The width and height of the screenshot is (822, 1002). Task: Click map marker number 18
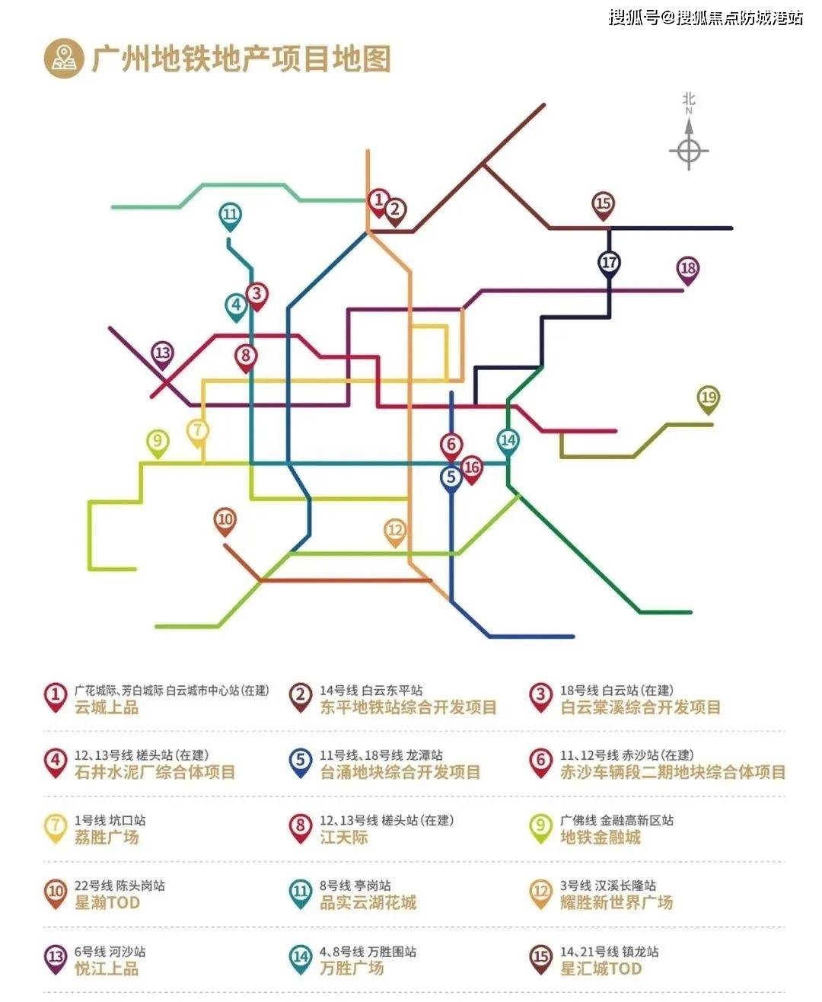click(x=688, y=269)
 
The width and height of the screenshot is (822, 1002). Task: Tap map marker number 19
click(x=709, y=398)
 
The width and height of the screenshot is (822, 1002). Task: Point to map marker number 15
click(x=603, y=204)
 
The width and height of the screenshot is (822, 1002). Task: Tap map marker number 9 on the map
click(x=158, y=442)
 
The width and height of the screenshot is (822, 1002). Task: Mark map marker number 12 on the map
click(x=395, y=531)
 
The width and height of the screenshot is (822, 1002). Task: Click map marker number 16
click(x=472, y=468)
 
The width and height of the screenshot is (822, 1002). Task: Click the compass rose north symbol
click(x=689, y=148)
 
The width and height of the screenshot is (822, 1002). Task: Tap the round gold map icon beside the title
click(x=64, y=59)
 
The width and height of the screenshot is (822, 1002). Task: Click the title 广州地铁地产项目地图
click(x=241, y=59)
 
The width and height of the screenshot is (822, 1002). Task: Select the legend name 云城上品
click(x=107, y=707)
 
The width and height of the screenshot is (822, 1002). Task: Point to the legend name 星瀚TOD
click(x=107, y=903)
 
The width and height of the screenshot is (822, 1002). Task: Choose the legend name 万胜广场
click(x=352, y=968)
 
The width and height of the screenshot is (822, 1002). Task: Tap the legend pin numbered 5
click(x=301, y=762)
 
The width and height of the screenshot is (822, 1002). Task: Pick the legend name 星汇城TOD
click(x=601, y=968)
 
